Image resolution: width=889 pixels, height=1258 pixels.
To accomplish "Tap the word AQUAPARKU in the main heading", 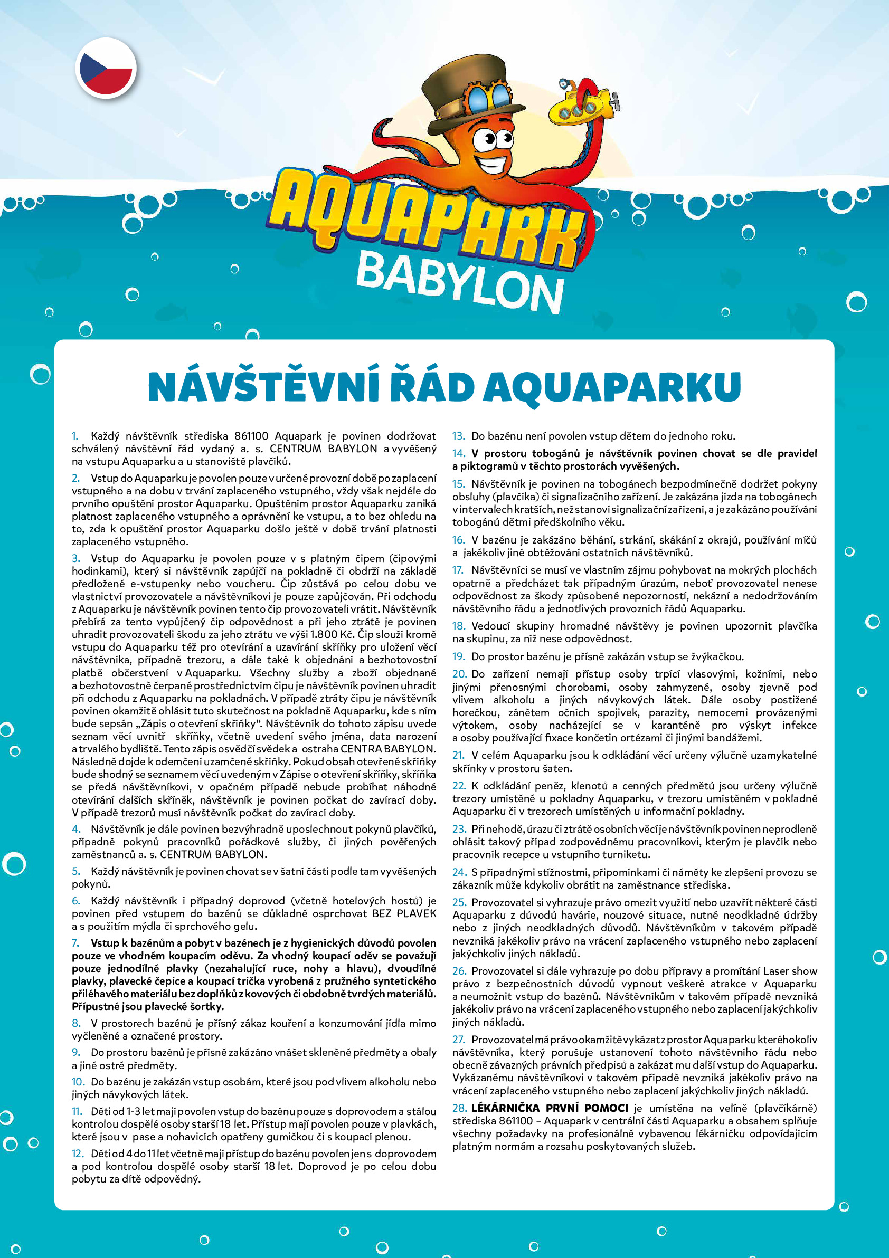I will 612,387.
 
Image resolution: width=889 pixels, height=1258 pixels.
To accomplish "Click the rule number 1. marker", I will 75,436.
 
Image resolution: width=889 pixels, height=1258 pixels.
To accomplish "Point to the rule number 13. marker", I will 458,436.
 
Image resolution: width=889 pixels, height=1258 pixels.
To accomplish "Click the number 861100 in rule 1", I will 251,436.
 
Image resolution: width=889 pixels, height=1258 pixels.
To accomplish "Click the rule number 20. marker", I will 459,674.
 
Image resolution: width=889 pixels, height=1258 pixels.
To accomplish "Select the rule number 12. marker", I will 77,1154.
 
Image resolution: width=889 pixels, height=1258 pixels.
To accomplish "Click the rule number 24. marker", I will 459,872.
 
